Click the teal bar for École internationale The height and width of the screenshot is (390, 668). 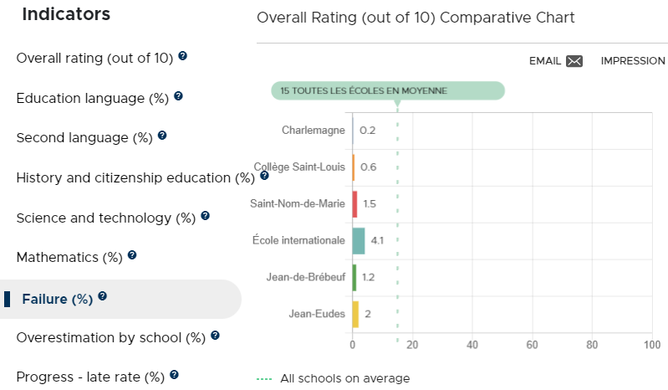pyautogui.click(x=359, y=241)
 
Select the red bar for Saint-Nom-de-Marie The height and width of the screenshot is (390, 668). pyautogui.click(x=354, y=204)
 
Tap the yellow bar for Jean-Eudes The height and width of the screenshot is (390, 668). pyautogui.click(x=355, y=314)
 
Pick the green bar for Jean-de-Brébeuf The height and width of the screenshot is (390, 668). pyautogui.click(x=354, y=278)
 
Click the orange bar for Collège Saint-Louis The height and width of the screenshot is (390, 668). pyautogui.click(x=354, y=167)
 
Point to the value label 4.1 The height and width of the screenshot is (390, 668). pyautogui.click(x=377, y=240)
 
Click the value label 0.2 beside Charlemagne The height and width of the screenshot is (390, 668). pyautogui.click(x=367, y=131)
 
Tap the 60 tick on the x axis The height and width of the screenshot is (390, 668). pyautogui.click(x=532, y=345)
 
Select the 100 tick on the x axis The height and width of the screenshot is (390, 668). pyautogui.click(x=652, y=345)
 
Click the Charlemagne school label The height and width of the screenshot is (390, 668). pyautogui.click(x=314, y=130)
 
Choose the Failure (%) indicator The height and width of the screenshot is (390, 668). pyautogui.click(x=57, y=300)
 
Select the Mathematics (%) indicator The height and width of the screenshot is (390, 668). pyautogui.click(x=69, y=258)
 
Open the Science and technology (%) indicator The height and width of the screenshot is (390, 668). pyautogui.click(x=105, y=218)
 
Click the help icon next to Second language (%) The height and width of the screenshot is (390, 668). pyautogui.click(x=162, y=136)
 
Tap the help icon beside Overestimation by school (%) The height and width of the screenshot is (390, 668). pyautogui.click(x=215, y=336)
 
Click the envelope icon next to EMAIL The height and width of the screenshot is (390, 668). pyautogui.click(x=574, y=61)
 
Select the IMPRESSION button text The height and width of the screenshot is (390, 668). pyautogui.click(x=633, y=61)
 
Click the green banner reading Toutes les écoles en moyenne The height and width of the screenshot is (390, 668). pyautogui.click(x=388, y=90)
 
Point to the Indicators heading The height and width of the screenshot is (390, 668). pyautogui.click(x=66, y=14)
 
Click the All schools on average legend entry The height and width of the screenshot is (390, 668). pyautogui.click(x=333, y=378)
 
